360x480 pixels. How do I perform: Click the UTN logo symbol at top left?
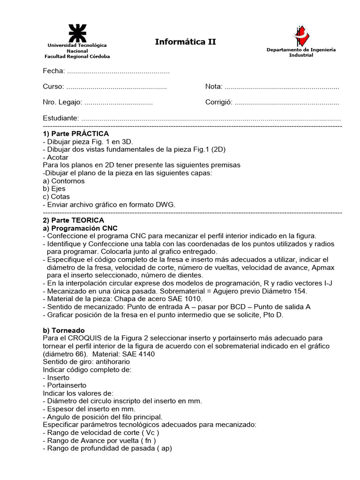(77, 33)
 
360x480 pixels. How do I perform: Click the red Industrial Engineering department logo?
(300, 36)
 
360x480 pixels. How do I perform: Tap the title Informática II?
(186, 42)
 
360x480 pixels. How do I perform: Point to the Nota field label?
(213, 87)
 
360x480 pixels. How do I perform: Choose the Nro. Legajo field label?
(62, 102)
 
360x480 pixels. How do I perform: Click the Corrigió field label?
(218, 102)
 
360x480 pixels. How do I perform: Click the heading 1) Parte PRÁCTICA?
(75, 134)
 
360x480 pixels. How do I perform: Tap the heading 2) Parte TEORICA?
(74, 220)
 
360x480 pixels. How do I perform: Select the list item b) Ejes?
(54, 189)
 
